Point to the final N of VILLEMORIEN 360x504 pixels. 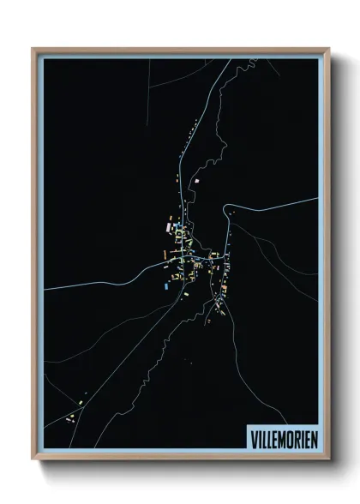click(x=312, y=436)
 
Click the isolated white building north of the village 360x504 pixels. click(x=197, y=181)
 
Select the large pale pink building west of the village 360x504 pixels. click(x=168, y=228)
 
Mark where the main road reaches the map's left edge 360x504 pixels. click(x=45, y=289)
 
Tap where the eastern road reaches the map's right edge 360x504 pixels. click(x=317, y=200)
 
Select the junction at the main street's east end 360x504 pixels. click(x=225, y=256)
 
